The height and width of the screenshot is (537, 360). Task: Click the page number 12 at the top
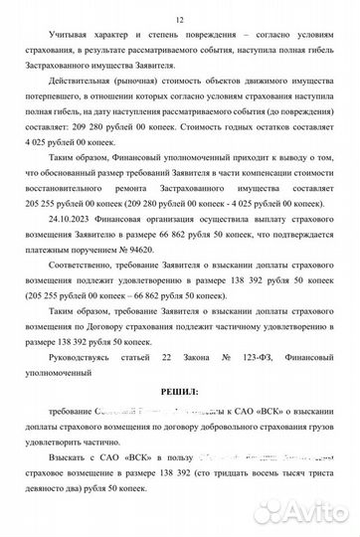click(179, 20)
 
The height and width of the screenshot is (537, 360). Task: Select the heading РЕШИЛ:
click(179, 391)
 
